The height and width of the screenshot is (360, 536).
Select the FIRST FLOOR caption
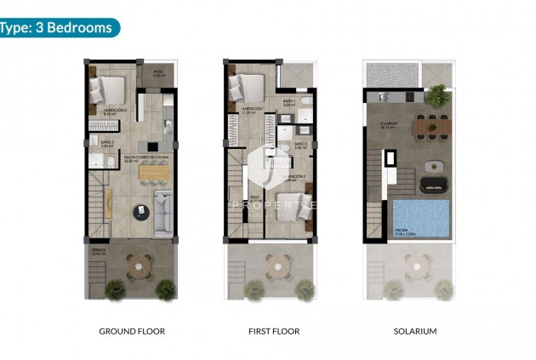tap(271, 331)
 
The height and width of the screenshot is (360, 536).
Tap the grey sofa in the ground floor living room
tap(162, 213)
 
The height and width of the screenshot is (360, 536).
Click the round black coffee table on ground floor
tap(138, 211)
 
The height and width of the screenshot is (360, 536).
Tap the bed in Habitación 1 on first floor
tap(247, 86)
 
